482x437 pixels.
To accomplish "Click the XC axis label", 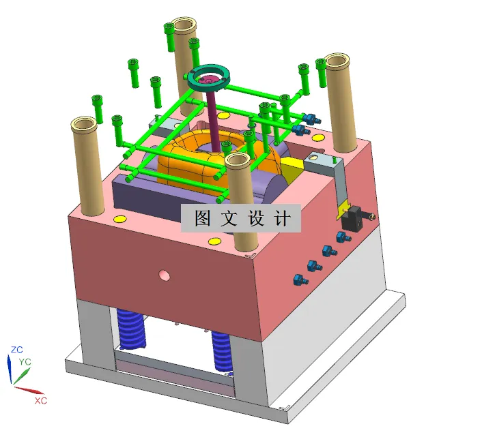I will coord(41,401).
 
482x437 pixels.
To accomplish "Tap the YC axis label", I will coord(25,361).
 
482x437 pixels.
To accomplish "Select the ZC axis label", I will coord(18,350).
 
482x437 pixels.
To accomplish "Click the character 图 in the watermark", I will coord(203,218).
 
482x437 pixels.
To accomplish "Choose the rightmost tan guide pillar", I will coord(341,102).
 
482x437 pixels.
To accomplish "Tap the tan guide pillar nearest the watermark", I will coord(240,198).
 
